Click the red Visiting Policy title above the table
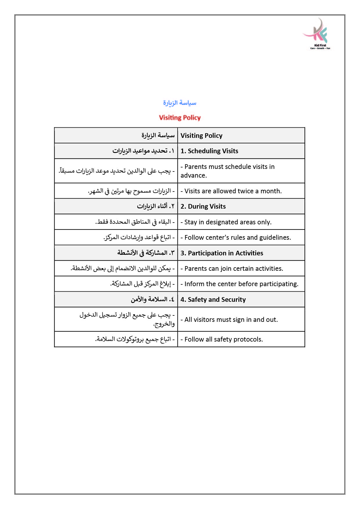point(180,118)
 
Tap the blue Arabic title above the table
point(180,103)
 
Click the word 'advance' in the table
point(193,175)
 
